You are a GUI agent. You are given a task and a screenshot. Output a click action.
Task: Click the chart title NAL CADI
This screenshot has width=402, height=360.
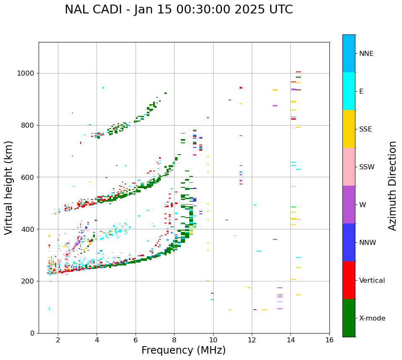(96, 10)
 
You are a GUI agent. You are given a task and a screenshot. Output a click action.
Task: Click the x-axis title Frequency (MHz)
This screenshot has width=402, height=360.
(183, 350)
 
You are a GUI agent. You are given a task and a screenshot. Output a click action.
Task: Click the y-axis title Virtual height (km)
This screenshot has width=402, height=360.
(9, 188)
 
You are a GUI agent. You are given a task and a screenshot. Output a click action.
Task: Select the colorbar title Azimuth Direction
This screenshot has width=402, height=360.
(392, 186)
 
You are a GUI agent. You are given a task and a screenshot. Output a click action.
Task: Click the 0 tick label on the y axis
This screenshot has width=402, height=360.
(32, 333)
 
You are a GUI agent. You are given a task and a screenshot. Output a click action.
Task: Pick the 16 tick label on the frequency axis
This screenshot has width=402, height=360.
(329, 339)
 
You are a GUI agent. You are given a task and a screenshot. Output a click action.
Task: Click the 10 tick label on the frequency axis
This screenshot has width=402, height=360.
(213, 339)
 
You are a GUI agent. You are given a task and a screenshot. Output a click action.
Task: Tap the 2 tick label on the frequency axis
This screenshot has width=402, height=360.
(58, 339)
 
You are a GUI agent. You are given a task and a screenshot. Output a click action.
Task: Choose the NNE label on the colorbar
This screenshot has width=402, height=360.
(366, 54)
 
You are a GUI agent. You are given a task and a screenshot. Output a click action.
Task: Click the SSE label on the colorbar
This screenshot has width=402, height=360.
(365, 129)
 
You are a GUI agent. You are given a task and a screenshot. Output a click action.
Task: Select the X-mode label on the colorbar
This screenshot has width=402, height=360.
(372, 318)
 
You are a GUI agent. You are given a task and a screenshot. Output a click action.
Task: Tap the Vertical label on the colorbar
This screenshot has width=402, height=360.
(372, 281)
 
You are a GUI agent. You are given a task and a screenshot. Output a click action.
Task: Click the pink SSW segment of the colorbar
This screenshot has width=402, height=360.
(349, 167)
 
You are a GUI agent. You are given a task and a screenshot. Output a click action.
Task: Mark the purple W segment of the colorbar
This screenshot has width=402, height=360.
(349, 205)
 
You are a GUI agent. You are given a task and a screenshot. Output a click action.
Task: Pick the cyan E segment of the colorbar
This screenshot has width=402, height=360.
(349, 91)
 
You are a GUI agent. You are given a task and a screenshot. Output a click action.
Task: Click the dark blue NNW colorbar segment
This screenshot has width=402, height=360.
(349, 242)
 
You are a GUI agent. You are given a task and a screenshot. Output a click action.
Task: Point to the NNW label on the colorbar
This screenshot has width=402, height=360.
(368, 243)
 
